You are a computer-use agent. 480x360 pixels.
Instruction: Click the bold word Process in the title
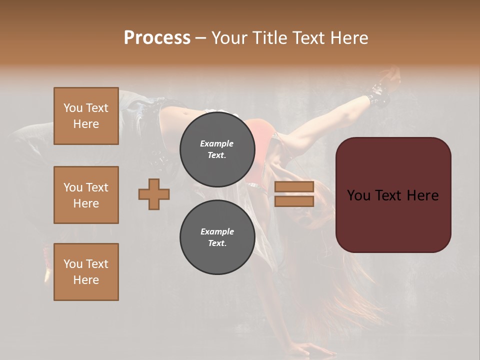point(157,37)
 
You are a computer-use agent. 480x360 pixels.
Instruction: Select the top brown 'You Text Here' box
point(86,116)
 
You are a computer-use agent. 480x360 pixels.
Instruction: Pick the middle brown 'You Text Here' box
point(86,195)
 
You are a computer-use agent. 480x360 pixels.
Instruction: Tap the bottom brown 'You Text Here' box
point(86,271)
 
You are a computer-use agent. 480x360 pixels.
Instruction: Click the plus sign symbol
point(154,194)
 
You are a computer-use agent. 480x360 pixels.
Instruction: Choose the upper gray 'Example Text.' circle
point(217,149)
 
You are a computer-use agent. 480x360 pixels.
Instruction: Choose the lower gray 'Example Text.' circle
point(217,237)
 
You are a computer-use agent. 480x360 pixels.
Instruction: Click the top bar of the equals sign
point(294,187)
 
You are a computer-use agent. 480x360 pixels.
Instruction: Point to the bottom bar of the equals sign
point(294,201)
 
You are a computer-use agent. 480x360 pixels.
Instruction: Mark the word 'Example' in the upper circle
point(217,143)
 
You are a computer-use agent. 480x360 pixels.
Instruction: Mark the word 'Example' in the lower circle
point(217,231)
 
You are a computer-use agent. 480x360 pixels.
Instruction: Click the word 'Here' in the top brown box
point(86,124)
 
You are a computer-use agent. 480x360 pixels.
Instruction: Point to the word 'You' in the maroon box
point(358,195)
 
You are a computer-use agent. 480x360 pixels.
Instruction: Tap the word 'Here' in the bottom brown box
point(86,280)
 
